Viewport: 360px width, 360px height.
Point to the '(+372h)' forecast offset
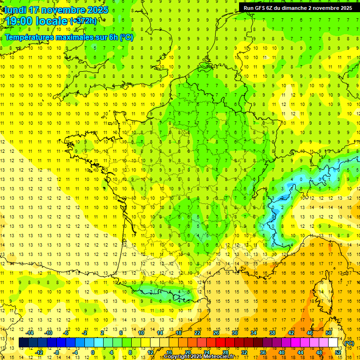84,21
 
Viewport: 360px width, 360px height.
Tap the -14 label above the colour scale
30,333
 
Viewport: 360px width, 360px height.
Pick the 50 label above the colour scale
329,333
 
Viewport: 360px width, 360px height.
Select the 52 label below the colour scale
338,352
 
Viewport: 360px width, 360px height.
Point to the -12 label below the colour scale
39,352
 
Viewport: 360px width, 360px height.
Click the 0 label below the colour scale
93,352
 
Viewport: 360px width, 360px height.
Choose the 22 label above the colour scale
197,333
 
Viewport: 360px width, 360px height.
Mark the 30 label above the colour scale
235,333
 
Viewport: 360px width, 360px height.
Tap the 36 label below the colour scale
263,352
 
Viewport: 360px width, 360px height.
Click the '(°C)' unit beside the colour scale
349,343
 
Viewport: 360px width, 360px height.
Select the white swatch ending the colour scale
333,343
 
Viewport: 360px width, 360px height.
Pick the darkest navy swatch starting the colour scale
23,343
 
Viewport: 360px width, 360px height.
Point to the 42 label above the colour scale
291,333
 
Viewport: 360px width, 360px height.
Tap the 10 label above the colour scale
141,333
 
